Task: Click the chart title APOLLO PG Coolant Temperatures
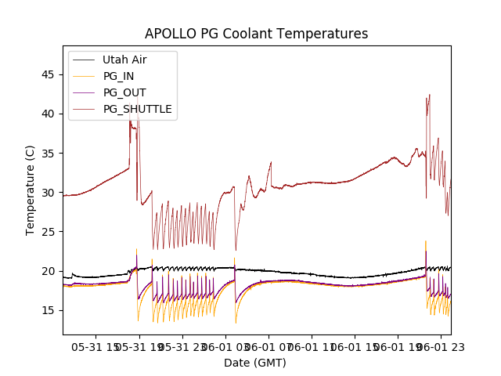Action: (x=256, y=34)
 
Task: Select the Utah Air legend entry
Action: (x=124, y=60)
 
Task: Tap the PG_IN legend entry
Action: (x=118, y=76)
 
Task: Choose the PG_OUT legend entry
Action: (x=124, y=92)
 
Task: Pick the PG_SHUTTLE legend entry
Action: (x=137, y=109)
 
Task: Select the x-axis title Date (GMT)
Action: (x=255, y=363)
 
